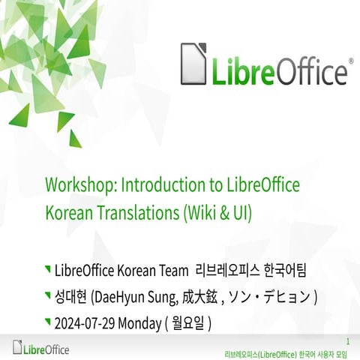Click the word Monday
tap(142, 324)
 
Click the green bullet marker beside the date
tap(49, 322)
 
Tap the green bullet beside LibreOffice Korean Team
tap(49, 268)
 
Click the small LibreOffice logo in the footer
tap(42, 348)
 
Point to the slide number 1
tap(348, 340)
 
